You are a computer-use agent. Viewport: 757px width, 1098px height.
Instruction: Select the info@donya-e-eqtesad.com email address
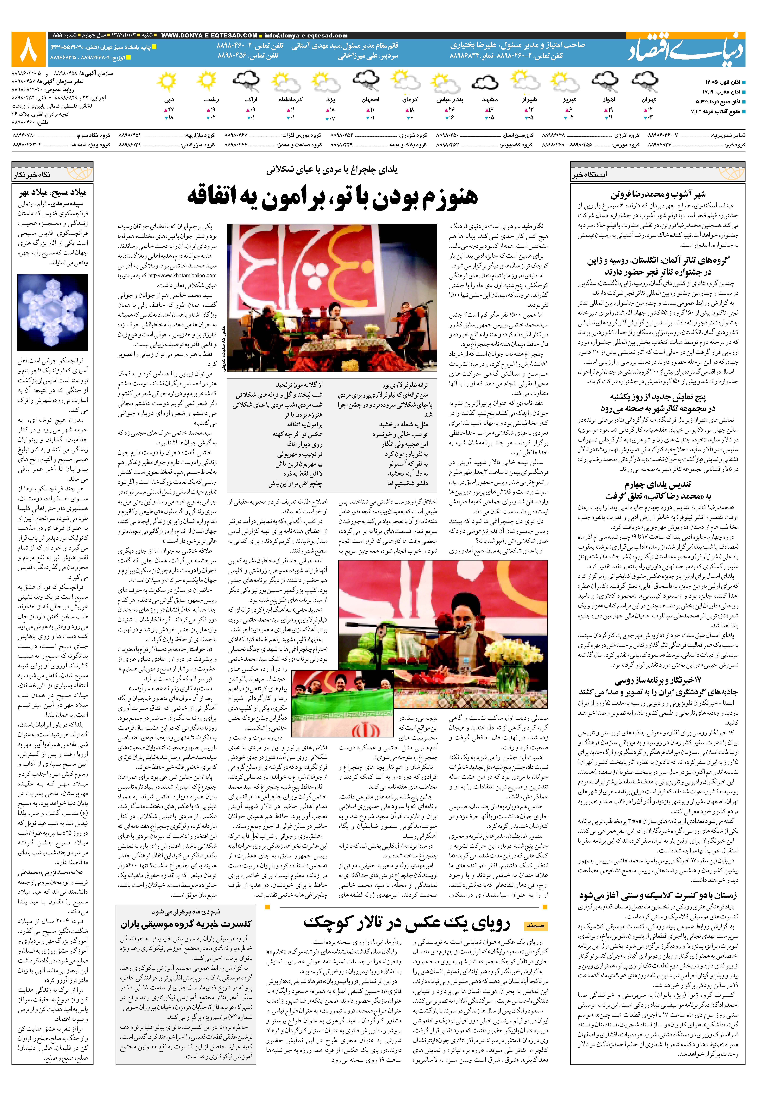click(306, 36)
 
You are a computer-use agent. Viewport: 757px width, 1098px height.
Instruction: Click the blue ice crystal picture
click(52, 312)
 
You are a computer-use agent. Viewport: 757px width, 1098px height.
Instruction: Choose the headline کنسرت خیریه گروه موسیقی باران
click(186, 924)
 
